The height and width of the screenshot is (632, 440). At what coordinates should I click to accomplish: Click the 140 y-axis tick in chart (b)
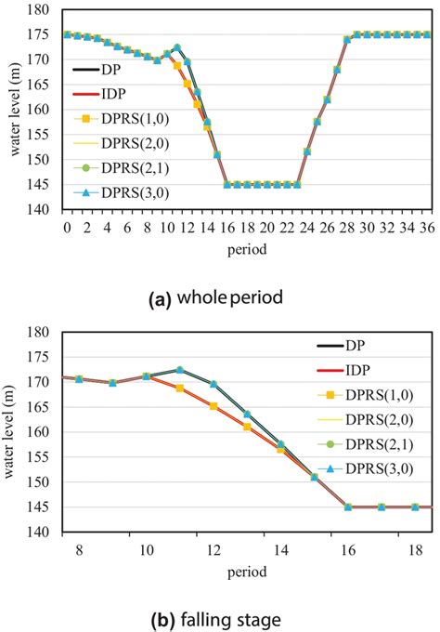point(44,533)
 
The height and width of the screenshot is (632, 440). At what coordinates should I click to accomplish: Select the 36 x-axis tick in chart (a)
point(426,226)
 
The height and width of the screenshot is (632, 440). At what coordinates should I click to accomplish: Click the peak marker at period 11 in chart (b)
point(179,370)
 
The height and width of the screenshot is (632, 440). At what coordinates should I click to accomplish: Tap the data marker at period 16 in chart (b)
point(348,507)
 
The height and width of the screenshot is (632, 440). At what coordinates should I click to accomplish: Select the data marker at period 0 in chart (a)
point(67,34)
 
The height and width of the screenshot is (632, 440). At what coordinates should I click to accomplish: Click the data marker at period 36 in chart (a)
point(426,34)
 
